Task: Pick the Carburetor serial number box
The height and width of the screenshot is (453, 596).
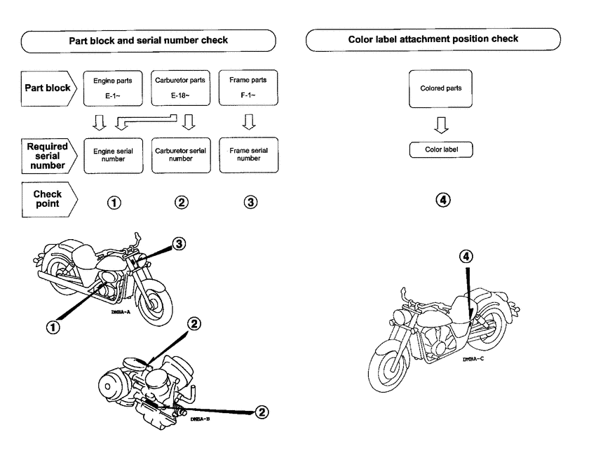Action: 180,154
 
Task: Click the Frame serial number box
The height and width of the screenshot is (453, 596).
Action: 248,154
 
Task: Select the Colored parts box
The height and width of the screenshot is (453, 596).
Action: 440,89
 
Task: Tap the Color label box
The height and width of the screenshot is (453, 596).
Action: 440,149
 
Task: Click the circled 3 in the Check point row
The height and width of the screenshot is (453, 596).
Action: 250,203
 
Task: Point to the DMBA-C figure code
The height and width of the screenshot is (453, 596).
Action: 475,358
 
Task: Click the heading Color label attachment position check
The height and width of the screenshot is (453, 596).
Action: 433,39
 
